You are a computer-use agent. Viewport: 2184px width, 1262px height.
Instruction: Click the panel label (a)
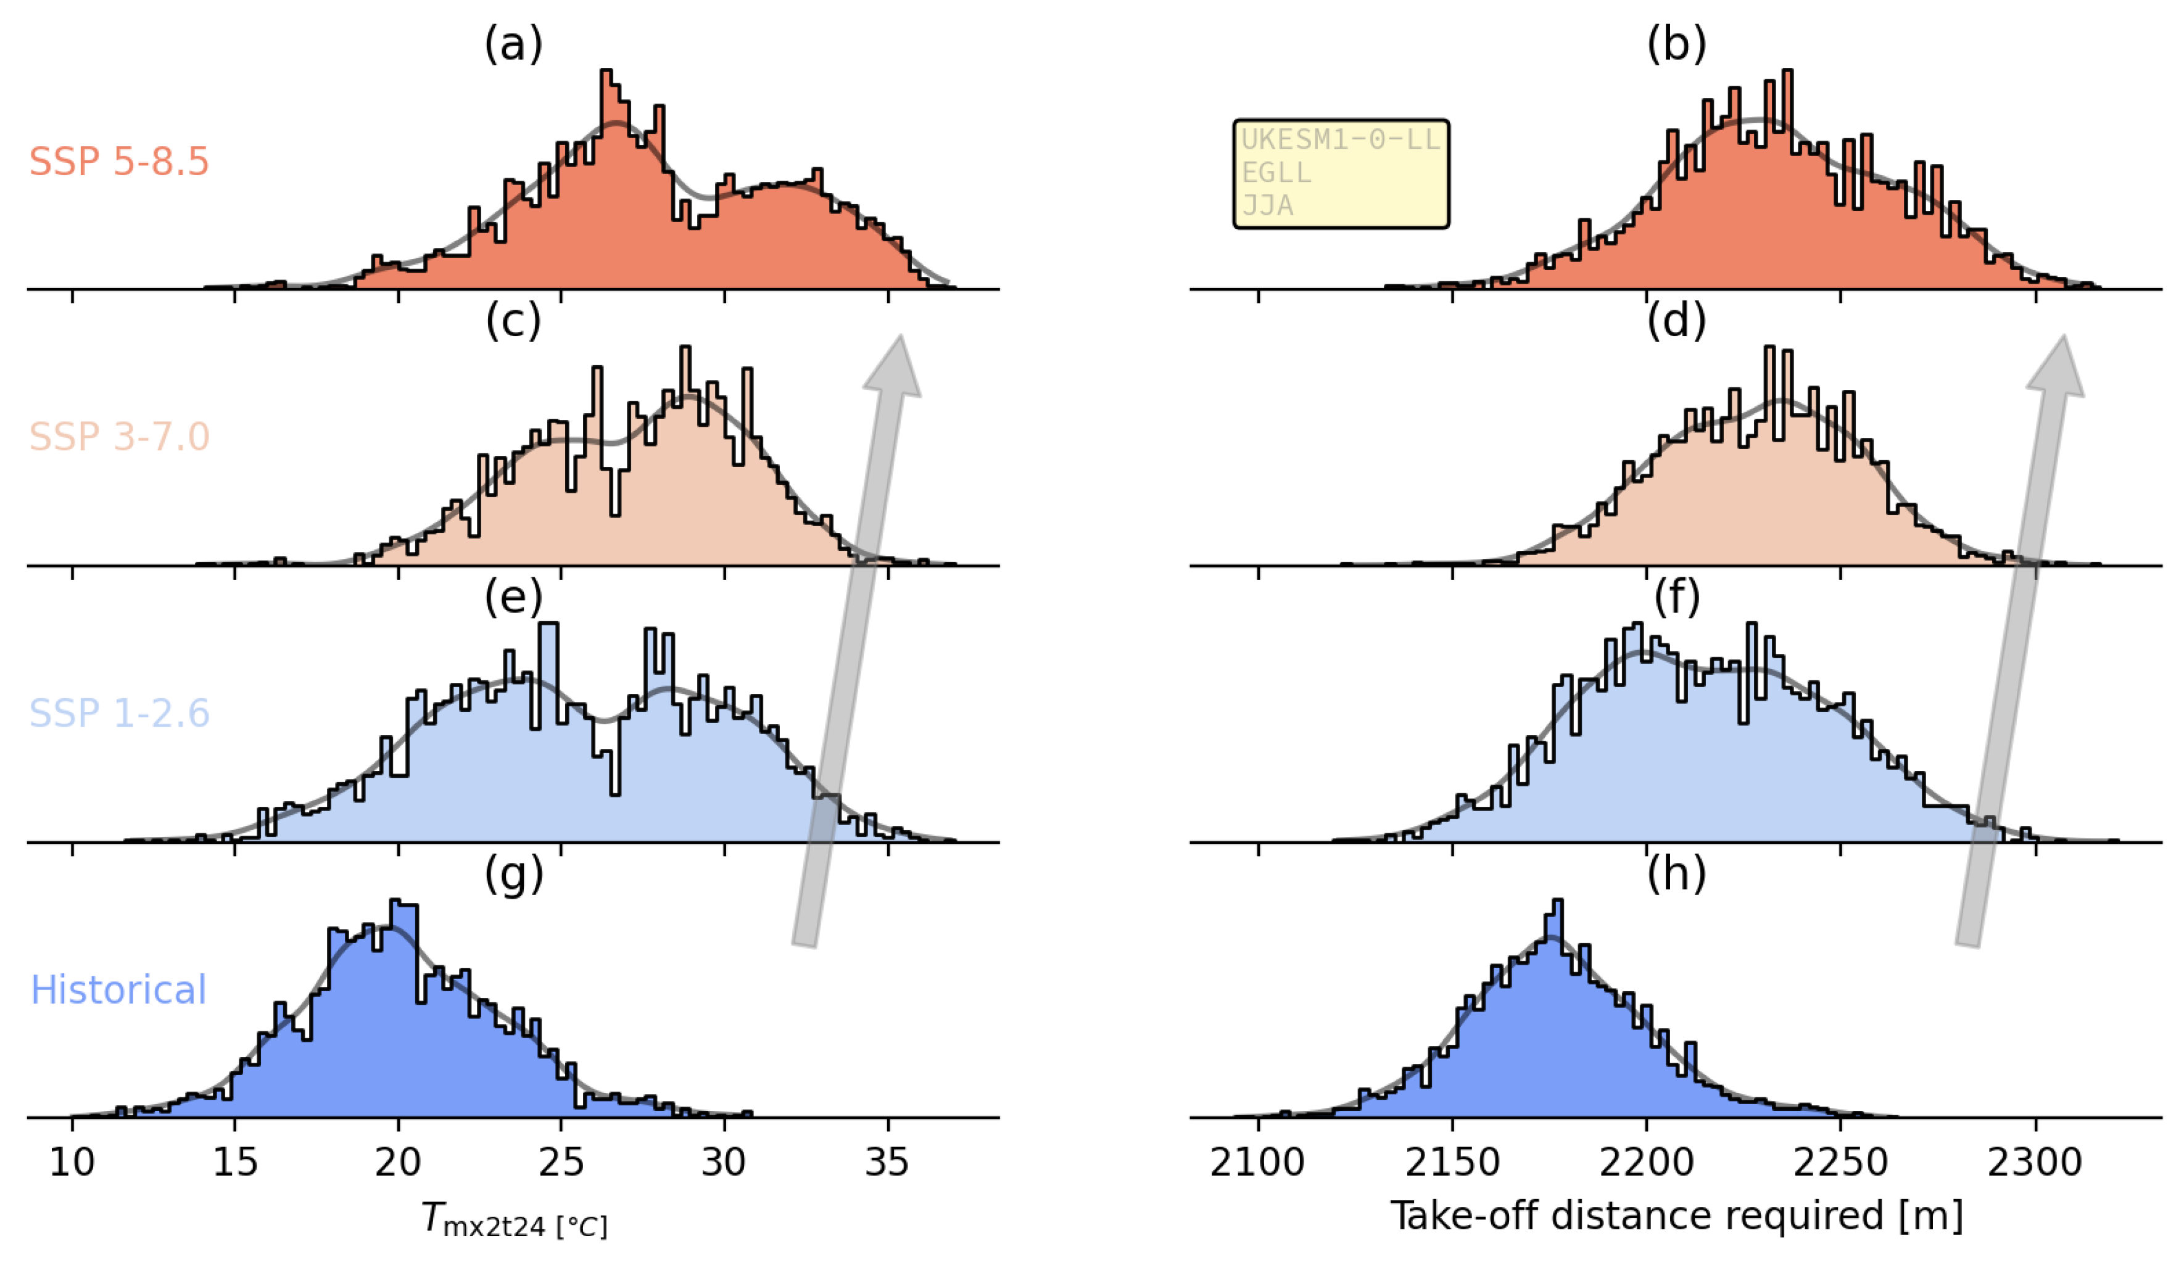pyautogui.click(x=513, y=43)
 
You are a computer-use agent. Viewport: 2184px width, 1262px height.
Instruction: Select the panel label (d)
pyautogui.click(x=1676, y=320)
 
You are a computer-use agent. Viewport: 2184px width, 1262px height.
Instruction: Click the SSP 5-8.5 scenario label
pyautogui.click(x=118, y=162)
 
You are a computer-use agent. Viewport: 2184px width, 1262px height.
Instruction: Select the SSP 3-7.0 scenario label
pyautogui.click(x=118, y=436)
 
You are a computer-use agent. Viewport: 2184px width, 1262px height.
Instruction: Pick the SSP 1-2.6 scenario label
pyautogui.click(x=118, y=713)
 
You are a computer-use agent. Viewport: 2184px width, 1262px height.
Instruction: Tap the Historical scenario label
pyautogui.click(x=118, y=989)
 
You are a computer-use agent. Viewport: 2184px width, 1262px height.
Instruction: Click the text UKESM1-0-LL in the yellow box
pyautogui.click(x=1340, y=139)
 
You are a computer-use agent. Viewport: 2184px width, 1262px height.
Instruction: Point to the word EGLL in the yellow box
pyautogui.click(x=1276, y=173)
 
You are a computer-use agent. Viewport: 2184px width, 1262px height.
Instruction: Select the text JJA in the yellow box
pyautogui.click(x=1267, y=205)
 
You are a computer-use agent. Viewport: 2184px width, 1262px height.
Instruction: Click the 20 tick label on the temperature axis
pyautogui.click(x=398, y=1162)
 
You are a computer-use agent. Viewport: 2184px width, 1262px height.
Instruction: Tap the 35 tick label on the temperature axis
pyautogui.click(x=887, y=1162)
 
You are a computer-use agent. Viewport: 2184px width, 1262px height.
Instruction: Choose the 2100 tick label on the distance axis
pyautogui.click(x=1257, y=1162)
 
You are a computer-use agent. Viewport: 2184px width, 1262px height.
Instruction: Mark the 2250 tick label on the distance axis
pyautogui.click(x=1840, y=1162)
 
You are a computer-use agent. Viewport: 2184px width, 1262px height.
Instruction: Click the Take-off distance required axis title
pyautogui.click(x=1676, y=1215)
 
